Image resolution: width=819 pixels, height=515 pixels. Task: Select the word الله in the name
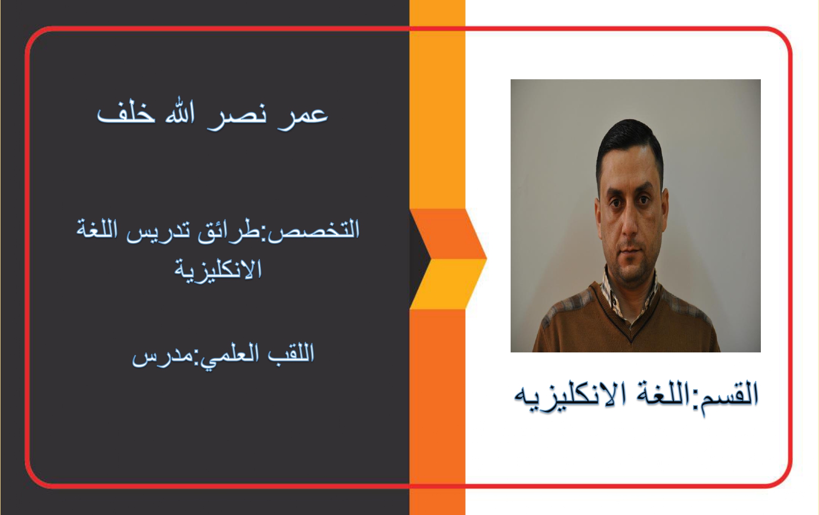(x=180, y=113)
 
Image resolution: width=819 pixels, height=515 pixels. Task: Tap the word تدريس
(x=158, y=231)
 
